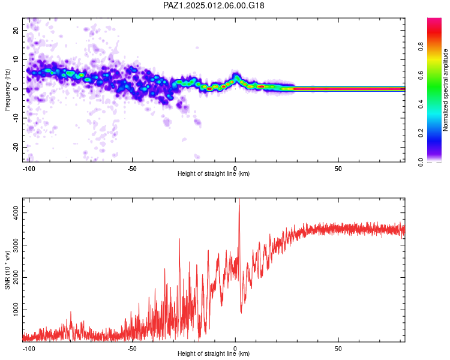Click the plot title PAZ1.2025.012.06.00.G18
(214, 5)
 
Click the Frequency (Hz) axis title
(7, 90)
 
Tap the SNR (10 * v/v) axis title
(7, 270)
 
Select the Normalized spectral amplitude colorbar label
(445, 90)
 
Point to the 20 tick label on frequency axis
(16, 30)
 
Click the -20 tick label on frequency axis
(16, 148)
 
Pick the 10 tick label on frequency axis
(16, 59)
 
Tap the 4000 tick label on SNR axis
(16, 213)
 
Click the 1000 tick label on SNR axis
(16, 310)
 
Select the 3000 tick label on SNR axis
(16, 245)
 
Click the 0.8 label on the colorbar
(421, 46)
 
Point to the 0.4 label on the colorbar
(421, 104)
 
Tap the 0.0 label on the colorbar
(421, 162)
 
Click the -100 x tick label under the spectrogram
(28, 169)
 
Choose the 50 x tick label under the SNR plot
(338, 349)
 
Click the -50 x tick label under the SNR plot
(132, 349)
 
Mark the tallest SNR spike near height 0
(239, 199)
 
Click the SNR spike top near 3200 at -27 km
(179, 239)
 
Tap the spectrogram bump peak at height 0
(236, 75)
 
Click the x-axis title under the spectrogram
(214, 173)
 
